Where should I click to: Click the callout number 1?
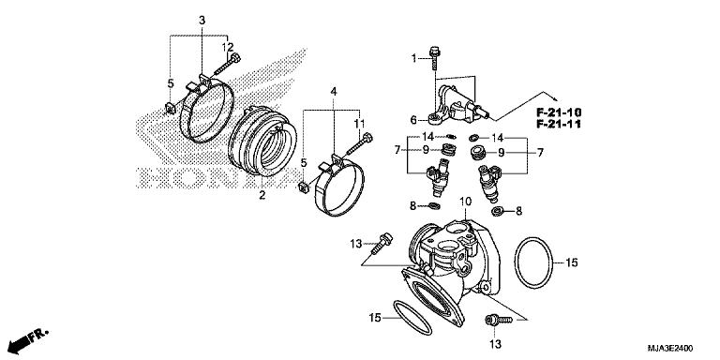[412, 59]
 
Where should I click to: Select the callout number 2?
[262, 196]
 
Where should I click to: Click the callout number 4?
[334, 92]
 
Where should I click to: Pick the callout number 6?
[413, 119]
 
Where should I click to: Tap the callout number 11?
[358, 124]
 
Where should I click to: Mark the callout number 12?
[227, 47]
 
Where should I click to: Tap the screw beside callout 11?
[361, 143]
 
